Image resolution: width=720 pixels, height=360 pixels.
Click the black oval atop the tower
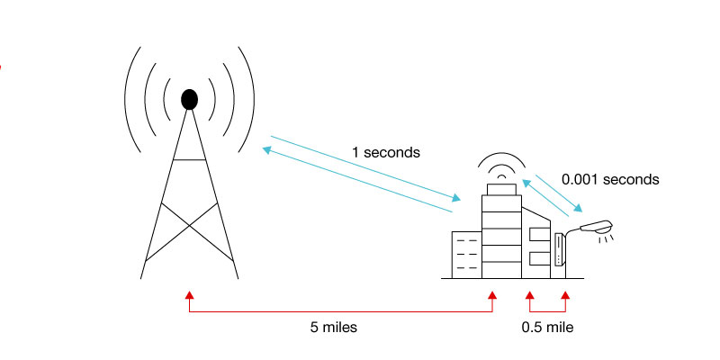click(189, 98)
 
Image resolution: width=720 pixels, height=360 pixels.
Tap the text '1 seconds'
click(385, 153)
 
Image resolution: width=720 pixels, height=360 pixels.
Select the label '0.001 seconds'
click(610, 179)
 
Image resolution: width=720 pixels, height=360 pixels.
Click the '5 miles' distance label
click(333, 328)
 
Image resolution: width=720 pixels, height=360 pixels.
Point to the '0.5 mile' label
click(547, 328)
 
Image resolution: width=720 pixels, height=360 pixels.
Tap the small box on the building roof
click(501, 188)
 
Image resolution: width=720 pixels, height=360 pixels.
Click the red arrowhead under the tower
click(189, 295)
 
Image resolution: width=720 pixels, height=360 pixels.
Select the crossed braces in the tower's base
click(189, 229)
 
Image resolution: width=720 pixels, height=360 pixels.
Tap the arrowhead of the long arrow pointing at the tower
click(266, 148)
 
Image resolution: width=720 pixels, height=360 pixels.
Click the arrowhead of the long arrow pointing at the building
click(459, 198)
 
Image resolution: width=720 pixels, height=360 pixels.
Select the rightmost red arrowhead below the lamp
click(564, 295)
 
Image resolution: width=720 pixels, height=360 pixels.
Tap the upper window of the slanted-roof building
click(538, 234)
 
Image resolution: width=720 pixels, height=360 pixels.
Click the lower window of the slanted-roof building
click(538, 259)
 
